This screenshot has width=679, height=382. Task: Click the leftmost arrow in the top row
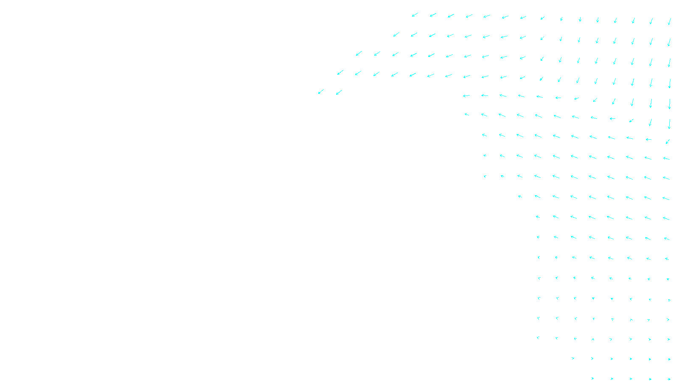[x=415, y=15]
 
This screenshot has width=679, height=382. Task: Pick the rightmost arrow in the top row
[x=669, y=21]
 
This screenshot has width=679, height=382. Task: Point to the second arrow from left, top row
[x=433, y=15]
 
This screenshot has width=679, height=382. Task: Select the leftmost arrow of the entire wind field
[x=321, y=92]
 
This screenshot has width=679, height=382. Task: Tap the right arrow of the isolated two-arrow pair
[x=339, y=92]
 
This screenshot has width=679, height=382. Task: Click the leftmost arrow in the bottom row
[x=592, y=378]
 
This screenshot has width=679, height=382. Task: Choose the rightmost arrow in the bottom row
[x=669, y=379]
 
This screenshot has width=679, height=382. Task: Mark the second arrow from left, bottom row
[x=612, y=379]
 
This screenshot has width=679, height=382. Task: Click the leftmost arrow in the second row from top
[x=396, y=34]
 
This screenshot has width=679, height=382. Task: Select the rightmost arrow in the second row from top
[x=669, y=42]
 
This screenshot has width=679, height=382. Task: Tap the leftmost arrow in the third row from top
[x=359, y=53]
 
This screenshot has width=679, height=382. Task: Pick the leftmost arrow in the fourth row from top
[x=340, y=73]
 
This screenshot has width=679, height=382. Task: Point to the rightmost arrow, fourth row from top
[x=669, y=83]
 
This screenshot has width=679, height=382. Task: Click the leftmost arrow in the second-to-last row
[x=573, y=358]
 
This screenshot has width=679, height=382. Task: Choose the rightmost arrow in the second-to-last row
[x=669, y=359]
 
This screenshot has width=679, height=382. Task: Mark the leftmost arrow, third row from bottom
[x=538, y=338]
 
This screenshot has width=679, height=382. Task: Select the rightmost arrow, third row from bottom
[x=668, y=339]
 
